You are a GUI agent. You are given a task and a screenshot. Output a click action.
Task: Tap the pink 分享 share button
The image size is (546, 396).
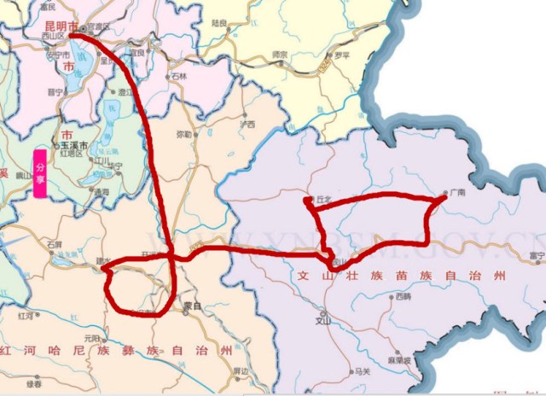39,174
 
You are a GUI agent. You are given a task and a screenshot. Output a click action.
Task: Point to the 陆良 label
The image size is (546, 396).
219,23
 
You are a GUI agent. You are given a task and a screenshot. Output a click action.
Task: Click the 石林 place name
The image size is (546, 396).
178,76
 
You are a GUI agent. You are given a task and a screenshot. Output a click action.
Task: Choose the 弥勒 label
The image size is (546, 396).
183,134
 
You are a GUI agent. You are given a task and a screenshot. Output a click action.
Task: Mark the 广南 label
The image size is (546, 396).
459,193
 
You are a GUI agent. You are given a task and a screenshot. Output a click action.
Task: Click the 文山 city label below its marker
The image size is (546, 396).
322,322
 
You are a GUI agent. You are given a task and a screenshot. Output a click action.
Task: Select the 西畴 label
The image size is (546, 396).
403,296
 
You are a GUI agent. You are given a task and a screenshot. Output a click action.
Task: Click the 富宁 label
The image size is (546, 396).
536,254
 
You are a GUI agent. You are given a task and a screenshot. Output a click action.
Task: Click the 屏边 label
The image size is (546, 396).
241,371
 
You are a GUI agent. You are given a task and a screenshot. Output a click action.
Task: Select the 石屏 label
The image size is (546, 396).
55,244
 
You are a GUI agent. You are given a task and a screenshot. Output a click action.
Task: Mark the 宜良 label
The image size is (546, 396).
136,53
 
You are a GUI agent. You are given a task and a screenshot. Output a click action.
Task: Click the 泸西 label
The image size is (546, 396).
247,124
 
